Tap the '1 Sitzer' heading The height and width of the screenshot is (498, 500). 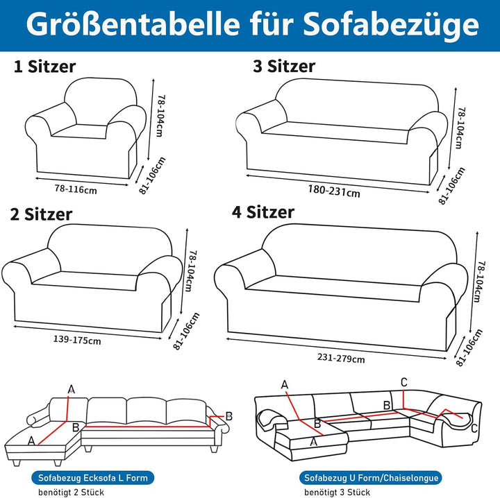coord(44,67)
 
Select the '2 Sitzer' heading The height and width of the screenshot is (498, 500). coord(41,214)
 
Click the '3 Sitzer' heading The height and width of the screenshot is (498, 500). coord(284,66)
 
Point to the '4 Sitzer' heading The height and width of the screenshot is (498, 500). coord(262,212)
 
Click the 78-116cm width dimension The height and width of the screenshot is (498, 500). coord(76,189)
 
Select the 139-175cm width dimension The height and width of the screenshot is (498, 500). coord(77,340)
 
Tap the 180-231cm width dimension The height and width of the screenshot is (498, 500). coord(334,191)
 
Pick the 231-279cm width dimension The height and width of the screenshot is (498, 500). coord(341,358)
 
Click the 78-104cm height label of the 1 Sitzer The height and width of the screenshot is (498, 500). coord(160,116)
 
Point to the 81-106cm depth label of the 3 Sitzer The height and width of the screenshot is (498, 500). coord(451,186)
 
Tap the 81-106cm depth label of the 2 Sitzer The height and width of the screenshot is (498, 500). coord(186,331)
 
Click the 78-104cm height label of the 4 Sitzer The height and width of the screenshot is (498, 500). coord(481,282)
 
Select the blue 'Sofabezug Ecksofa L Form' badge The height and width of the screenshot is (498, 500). coord(93,478)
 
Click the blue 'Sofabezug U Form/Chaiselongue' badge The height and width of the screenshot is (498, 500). coord(371,478)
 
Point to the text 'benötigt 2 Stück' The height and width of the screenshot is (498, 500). coord(71,492)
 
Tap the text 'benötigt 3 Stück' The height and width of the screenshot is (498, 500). coord(337,492)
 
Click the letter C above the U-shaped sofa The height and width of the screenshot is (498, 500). coord(403,382)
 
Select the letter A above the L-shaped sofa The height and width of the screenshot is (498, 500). coord(72,389)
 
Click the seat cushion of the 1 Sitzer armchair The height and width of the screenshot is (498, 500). coord(80,132)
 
